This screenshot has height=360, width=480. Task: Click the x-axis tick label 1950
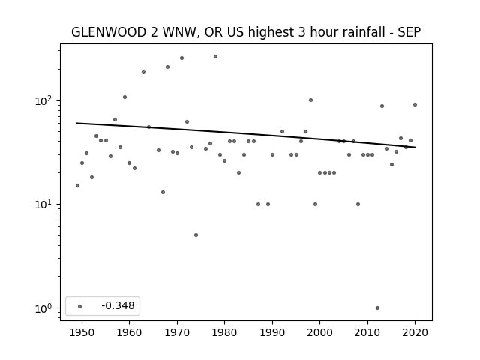pos(82,332)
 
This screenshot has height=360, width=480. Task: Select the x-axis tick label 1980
pos(224,332)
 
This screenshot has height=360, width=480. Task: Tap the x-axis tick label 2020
pos(415,332)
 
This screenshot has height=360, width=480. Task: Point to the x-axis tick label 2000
pos(320,332)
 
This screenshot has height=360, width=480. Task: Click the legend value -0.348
pos(118,305)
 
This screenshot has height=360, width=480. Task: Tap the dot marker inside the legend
pos(80,306)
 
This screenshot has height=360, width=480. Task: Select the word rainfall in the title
pos(366,32)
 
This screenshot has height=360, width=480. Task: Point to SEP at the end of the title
pos(409,32)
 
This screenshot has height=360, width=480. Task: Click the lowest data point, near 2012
pos(377,308)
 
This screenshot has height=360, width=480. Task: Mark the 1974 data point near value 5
pos(196,235)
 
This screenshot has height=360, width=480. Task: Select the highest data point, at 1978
pos(215,57)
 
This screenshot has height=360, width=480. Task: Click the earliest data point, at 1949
pos(77,185)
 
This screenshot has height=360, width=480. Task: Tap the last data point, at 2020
pos(415,105)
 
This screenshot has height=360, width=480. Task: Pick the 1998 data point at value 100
pos(310,100)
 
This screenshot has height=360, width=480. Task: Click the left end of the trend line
pos(76,123)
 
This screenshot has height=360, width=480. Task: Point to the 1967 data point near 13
pos(163,192)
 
